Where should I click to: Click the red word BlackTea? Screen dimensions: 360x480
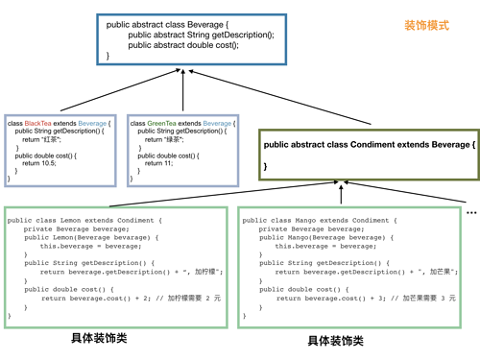39,124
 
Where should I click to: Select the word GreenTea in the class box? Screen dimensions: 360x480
158,124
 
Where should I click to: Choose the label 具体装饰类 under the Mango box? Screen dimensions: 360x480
335,341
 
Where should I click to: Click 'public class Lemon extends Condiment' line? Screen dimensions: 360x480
85,221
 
